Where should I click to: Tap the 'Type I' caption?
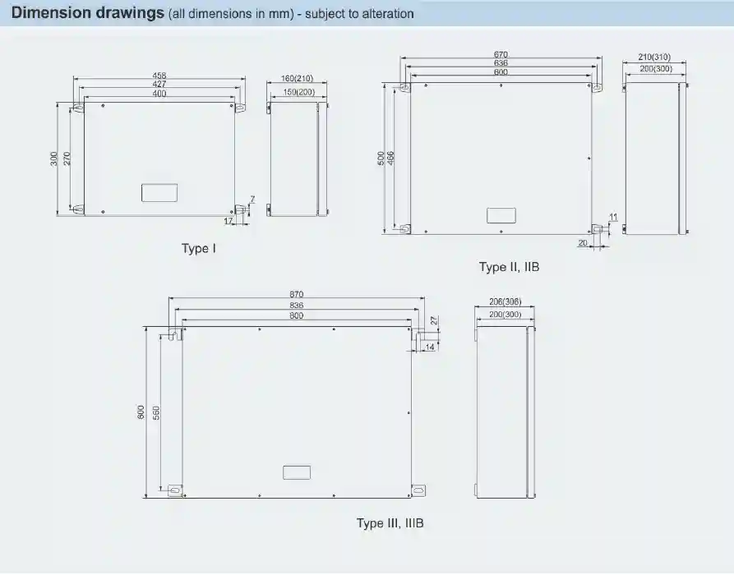pos(199,247)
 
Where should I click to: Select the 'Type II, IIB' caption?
pos(509,267)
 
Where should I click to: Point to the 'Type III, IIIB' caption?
pos(390,523)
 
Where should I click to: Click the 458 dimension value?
pos(159,75)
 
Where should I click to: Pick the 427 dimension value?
pos(159,84)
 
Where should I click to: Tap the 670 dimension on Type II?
pos(501,54)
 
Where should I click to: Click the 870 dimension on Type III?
pos(297,295)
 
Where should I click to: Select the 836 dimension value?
pos(297,306)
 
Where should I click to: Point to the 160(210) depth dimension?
pos(298,78)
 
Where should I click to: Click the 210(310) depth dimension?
pos(654,57)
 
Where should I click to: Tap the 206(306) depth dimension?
pos(505,303)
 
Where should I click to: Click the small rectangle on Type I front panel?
pos(158,192)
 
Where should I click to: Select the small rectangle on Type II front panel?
pos(501,215)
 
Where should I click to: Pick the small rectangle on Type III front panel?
pos(297,472)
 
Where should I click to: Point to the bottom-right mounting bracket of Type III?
pos(420,490)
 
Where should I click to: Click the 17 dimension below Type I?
pos(229,220)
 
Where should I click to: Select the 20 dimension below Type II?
pos(582,243)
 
